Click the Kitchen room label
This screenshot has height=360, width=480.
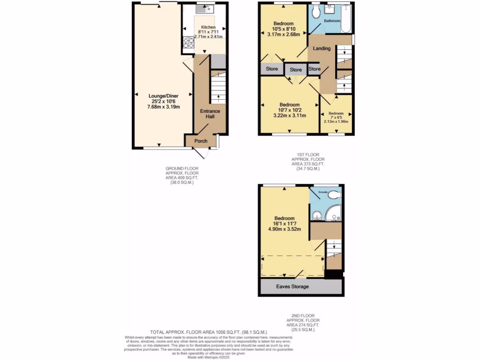[208, 27]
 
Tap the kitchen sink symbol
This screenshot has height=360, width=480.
[204, 8]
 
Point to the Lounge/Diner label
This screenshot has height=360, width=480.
[164, 95]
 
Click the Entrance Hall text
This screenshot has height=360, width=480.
[210, 113]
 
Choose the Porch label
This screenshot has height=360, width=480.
[201, 141]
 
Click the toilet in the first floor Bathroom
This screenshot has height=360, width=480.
[315, 10]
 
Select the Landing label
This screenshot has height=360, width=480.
[322, 48]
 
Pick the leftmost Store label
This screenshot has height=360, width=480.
[272, 69]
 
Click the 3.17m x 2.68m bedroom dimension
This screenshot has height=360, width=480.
[284, 34]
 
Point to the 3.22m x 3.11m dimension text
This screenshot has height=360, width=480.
[289, 116]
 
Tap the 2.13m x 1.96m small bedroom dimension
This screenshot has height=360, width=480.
[336, 121]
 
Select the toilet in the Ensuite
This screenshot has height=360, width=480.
[334, 195]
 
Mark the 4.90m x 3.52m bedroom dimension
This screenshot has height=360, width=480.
[284, 229]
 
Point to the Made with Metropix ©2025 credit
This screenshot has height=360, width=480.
[208, 357]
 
